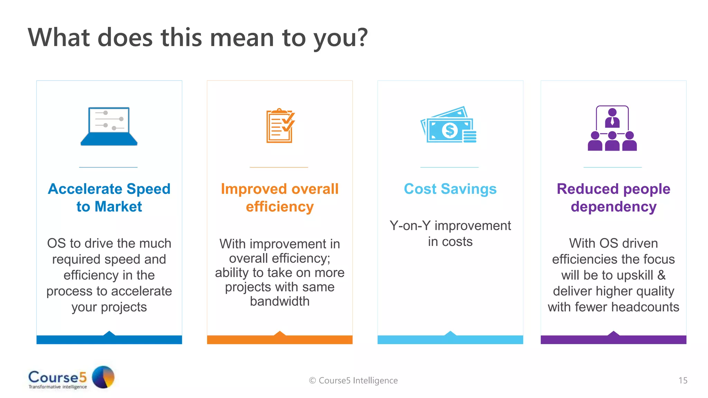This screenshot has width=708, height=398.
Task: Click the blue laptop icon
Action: (x=109, y=126)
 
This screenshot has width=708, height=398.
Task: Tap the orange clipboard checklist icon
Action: (x=280, y=126)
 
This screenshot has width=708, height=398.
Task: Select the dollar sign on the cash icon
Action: (x=449, y=130)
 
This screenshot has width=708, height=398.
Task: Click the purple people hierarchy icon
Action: (x=612, y=129)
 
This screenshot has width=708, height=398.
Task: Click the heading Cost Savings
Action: (x=450, y=189)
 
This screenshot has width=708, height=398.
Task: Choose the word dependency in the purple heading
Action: (x=613, y=207)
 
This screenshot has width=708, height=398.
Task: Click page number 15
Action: (x=683, y=380)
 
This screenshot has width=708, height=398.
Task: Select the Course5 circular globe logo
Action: (x=103, y=377)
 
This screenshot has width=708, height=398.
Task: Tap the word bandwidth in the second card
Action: (x=280, y=301)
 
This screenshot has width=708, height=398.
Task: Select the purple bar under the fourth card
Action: (x=613, y=340)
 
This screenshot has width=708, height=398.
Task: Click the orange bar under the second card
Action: (x=280, y=340)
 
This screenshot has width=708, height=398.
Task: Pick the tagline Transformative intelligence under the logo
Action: (x=58, y=387)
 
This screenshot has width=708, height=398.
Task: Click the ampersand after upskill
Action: (x=661, y=275)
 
